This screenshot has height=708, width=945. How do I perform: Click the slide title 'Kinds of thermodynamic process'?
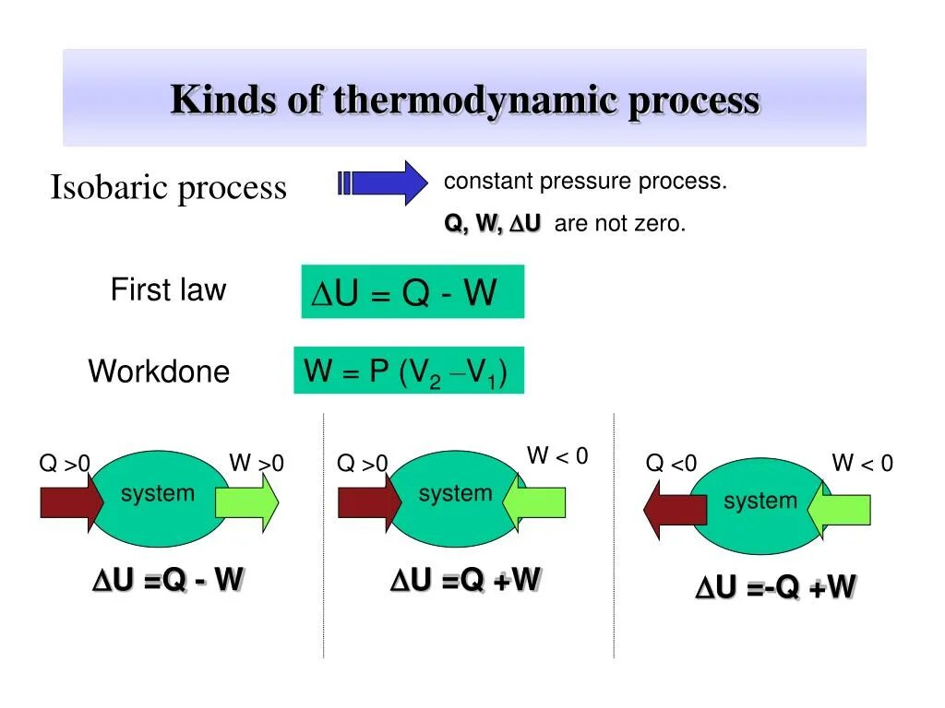(x=465, y=100)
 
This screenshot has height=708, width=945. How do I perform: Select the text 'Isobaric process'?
(x=168, y=188)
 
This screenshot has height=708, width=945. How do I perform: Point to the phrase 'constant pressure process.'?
(x=585, y=182)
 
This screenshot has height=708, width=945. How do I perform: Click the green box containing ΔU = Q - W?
(x=413, y=292)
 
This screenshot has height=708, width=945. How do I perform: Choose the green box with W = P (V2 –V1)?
(x=409, y=371)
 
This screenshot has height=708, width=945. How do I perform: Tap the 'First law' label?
(x=168, y=289)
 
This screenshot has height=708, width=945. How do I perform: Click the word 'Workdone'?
(x=159, y=372)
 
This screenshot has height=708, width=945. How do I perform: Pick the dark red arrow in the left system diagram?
(x=72, y=502)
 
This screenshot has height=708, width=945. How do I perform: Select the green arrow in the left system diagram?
(x=246, y=502)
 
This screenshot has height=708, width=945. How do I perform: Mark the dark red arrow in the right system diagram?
(x=675, y=512)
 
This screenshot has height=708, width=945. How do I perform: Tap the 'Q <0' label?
(x=672, y=464)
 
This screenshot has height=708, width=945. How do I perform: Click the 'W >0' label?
(x=257, y=463)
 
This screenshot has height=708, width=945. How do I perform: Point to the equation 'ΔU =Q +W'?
(x=465, y=580)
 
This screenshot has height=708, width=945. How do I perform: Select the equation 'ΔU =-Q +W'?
(x=775, y=587)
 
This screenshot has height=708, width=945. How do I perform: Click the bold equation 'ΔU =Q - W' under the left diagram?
(x=167, y=580)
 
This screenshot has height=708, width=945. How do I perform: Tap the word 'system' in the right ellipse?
(x=760, y=501)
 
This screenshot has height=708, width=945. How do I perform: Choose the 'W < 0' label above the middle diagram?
(x=557, y=455)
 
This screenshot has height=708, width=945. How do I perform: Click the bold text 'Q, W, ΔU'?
(x=493, y=224)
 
